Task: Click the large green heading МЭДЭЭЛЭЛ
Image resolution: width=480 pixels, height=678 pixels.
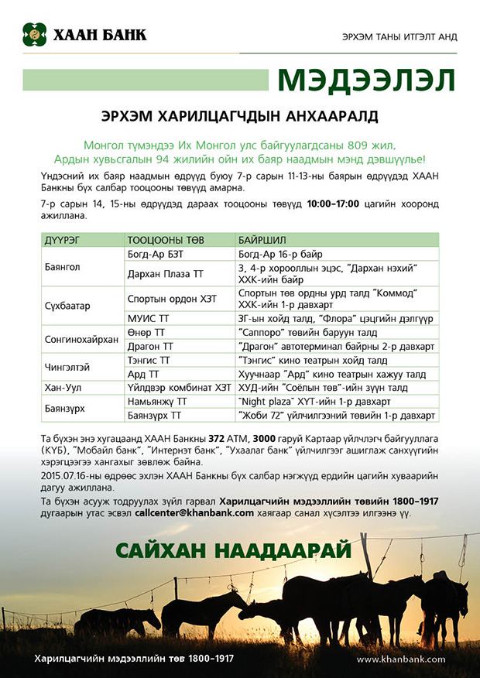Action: point(365,80)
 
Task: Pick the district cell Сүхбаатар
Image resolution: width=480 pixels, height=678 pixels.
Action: point(68,306)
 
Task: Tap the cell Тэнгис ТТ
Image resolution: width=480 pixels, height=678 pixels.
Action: point(150,360)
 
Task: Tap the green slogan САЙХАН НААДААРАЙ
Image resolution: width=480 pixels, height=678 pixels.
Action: point(234,550)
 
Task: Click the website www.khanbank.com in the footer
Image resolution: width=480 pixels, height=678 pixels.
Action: point(400,659)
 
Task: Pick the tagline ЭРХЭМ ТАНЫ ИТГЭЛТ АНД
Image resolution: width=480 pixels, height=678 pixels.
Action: point(399,37)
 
